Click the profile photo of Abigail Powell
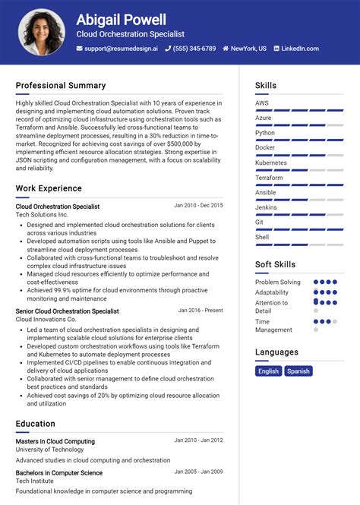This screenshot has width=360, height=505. (x=41, y=32)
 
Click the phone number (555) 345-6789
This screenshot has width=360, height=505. (x=193, y=49)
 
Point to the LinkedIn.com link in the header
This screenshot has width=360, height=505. (x=299, y=49)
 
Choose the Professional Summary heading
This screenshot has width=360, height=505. (x=61, y=86)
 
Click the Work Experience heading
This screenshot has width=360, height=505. (x=49, y=188)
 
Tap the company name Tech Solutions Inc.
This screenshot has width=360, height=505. (x=42, y=215)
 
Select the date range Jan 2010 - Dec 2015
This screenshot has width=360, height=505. (x=198, y=206)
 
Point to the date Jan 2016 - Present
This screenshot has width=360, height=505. (x=201, y=311)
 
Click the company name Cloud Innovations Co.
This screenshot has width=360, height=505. (x=46, y=320)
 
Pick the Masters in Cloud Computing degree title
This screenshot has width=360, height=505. (x=55, y=441)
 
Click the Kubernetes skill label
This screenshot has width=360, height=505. (x=271, y=163)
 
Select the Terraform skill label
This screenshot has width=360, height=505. (x=269, y=178)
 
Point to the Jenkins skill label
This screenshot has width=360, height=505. (x=266, y=207)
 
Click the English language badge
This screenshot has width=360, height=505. (x=268, y=371)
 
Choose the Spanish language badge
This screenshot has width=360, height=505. (x=298, y=371)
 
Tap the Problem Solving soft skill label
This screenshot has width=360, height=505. (x=278, y=282)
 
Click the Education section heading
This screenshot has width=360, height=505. (x=36, y=424)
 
